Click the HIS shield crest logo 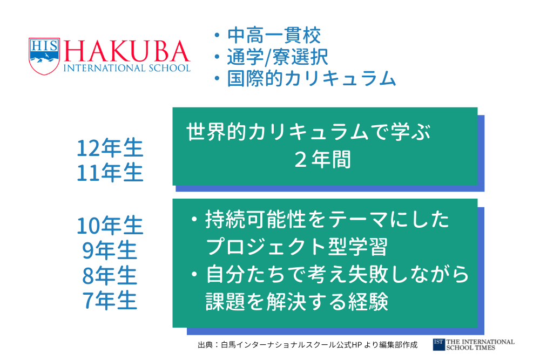pos(44,56)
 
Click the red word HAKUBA pos(127,51)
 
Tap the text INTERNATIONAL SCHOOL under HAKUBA pos(127,68)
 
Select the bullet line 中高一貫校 pos(274,36)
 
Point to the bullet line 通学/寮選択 pos(277,57)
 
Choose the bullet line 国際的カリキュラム pos(312,78)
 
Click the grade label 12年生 pos(110,148)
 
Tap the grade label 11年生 pos(110,173)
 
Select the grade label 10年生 pos(110,226)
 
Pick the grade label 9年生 pos(110,250)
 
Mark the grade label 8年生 pos(110,276)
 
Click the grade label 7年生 pos(110,301)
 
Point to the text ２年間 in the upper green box pos(322,159)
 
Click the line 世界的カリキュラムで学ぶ pos(308,132)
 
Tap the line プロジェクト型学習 pos(296,247)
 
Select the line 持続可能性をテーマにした pos(327,219)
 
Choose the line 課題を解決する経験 pos(296,302)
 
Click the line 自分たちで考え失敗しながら pos(337,274)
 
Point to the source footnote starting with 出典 pos(308,344)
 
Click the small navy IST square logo pos(438,344)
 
